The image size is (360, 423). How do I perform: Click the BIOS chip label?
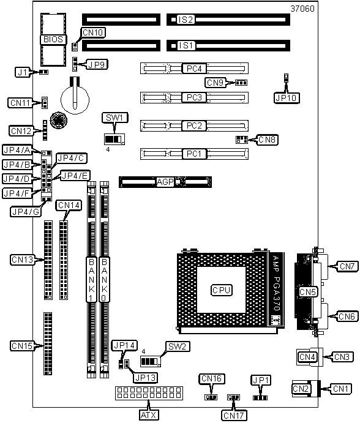(53, 39)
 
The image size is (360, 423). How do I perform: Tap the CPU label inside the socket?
(221, 290)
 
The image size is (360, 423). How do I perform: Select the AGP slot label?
(165, 182)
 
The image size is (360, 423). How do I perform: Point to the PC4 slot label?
(194, 69)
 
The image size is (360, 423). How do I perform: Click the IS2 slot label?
(186, 20)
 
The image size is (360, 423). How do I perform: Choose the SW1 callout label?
(114, 118)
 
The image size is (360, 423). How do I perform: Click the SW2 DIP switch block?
(151, 361)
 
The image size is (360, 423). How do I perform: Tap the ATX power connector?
(149, 393)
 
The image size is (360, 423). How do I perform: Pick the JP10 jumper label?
(287, 98)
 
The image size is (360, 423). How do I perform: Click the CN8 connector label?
(267, 140)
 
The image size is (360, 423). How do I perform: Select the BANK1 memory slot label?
(91, 280)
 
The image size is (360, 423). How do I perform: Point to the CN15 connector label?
(22, 346)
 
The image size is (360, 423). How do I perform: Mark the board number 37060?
(302, 9)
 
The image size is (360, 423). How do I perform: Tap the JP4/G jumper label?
(26, 212)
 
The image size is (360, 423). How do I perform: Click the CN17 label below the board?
(234, 416)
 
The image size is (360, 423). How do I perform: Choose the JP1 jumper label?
(261, 380)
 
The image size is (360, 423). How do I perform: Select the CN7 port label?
(347, 266)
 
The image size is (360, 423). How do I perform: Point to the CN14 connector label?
(69, 206)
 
